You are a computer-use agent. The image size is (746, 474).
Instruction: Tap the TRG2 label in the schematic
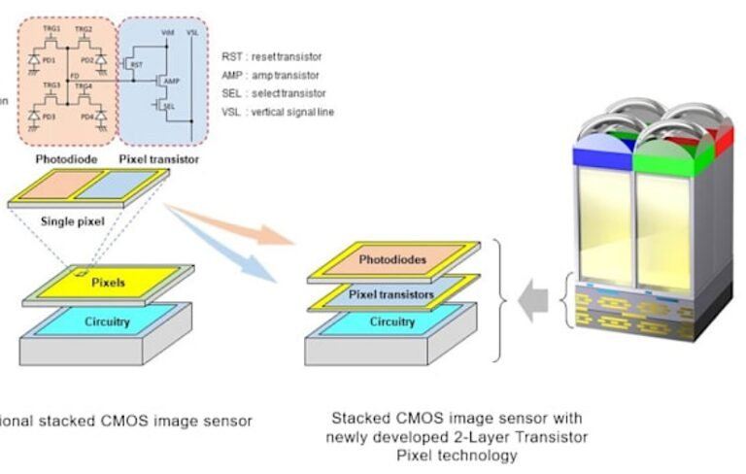pos(85,29)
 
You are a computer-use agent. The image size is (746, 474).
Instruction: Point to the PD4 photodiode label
pos(86,118)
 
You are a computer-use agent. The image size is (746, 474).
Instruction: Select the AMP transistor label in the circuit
pos(173,81)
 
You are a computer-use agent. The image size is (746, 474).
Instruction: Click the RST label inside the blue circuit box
pos(138,65)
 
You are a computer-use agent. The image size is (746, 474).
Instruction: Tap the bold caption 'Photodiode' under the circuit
pos(65,158)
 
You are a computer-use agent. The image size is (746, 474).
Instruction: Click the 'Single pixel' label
pos(72,220)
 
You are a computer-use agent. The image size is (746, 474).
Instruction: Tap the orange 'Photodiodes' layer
pos(392,260)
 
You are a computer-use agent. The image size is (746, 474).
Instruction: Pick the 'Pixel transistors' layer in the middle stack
pos(391,293)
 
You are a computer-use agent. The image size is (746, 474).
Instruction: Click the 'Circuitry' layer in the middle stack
pos(391,322)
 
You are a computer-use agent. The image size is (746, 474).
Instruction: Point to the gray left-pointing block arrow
pos(533,302)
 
